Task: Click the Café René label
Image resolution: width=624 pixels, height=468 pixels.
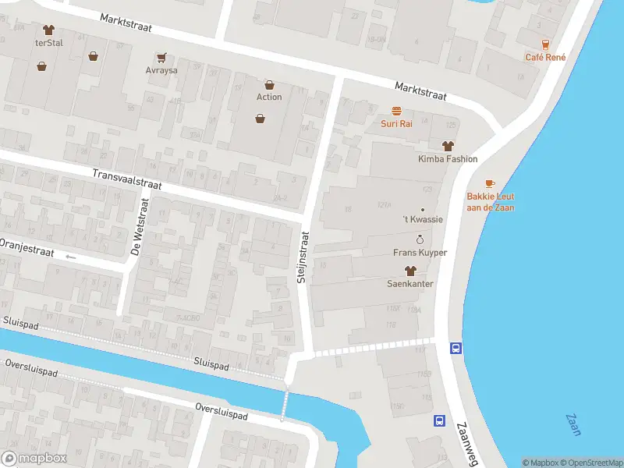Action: (545, 57)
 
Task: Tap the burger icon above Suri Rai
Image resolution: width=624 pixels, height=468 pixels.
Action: (396, 111)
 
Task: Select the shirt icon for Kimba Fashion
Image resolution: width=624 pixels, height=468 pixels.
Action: (447, 146)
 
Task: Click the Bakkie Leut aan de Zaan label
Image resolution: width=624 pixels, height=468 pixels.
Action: (490, 202)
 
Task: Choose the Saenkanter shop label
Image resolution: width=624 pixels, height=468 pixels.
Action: (410, 284)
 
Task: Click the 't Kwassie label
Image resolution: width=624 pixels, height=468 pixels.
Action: (422, 219)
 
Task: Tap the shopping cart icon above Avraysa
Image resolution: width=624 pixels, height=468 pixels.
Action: (161, 57)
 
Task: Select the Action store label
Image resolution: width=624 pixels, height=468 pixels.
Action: (269, 97)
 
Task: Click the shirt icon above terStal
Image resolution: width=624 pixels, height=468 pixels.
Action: (49, 30)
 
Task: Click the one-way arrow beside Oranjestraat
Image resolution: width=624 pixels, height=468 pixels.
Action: (71, 257)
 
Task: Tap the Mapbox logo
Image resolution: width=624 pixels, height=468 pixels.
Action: (34, 459)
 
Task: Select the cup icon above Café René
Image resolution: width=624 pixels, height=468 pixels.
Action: (545, 44)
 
